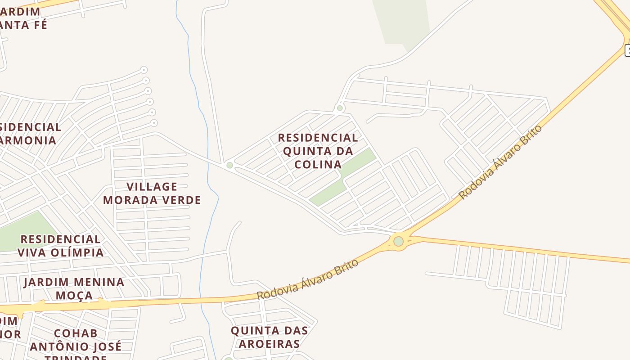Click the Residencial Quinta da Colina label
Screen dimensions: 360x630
click(318, 151)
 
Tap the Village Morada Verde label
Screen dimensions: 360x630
click(152, 193)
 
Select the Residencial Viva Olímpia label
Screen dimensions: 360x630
click(61, 245)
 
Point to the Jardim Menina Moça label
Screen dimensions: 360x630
click(74, 288)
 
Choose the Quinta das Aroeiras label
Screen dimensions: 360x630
click(269, 337)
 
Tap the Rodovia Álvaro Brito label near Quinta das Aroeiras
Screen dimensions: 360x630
click(308, 279)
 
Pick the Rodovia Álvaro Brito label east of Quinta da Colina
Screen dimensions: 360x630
click(500, 162)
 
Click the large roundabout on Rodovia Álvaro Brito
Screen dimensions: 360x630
click(398, 241)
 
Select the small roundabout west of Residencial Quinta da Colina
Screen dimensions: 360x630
click(229, 165)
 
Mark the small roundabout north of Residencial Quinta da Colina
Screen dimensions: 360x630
click(340, 108)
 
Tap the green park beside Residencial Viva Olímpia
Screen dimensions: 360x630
click(25, 232)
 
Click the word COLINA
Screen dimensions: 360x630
click(318, 164)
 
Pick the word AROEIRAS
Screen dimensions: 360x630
click(269, 344)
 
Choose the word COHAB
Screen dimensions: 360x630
click(76, 333)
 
